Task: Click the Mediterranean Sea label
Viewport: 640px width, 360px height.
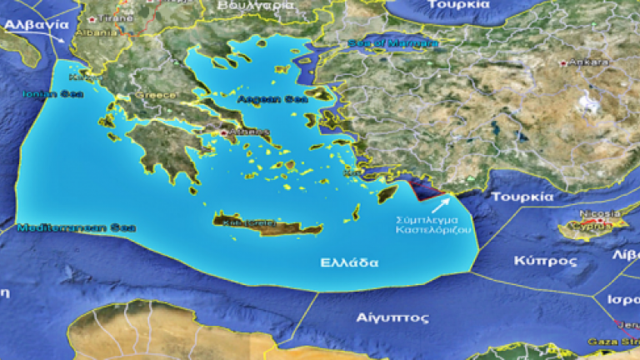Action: click(x=65, y=227)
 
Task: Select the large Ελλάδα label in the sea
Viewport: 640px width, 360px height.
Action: click(x=349, y=262)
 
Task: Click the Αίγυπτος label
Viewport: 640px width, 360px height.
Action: click(x=380, y=317)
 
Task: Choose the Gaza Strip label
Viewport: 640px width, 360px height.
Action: click(x=619, y=342)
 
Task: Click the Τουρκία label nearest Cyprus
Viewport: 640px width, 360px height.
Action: click(x=522, y=197)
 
